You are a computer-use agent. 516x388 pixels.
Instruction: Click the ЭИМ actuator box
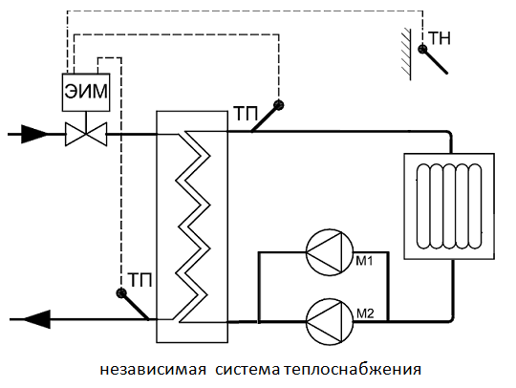coord(86,92)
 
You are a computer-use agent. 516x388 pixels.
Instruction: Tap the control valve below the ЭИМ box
coord(86,134)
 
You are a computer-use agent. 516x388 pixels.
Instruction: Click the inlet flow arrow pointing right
coord(34,134)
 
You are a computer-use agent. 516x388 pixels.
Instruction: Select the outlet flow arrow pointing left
coord(37,319)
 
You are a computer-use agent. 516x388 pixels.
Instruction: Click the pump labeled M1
coord(330,252)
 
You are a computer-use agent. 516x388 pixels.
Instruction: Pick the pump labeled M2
coord(330,321)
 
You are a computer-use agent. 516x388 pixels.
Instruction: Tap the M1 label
coord(365,261)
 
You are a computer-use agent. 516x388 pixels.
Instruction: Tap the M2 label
coord(365,313)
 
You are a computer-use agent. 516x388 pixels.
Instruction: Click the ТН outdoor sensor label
coord(439,39)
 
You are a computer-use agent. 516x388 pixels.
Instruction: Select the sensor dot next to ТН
coord(422,50)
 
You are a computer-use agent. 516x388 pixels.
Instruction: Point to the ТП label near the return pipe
coord(140,280)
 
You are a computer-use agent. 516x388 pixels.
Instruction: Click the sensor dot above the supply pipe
coord(279,105)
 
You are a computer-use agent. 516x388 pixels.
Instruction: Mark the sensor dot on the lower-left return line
coord(121,292)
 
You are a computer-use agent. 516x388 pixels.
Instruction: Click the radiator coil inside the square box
coord(449,206)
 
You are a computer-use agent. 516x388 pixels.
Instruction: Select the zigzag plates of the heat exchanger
coord(192,227)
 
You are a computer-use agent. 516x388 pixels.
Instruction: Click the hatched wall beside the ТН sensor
coord(407,54)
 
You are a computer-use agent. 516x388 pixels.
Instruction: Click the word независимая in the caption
coord(153,369)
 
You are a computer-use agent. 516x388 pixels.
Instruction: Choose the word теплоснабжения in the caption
coord(353,369)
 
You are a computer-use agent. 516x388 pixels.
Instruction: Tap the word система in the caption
coord(247,369)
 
